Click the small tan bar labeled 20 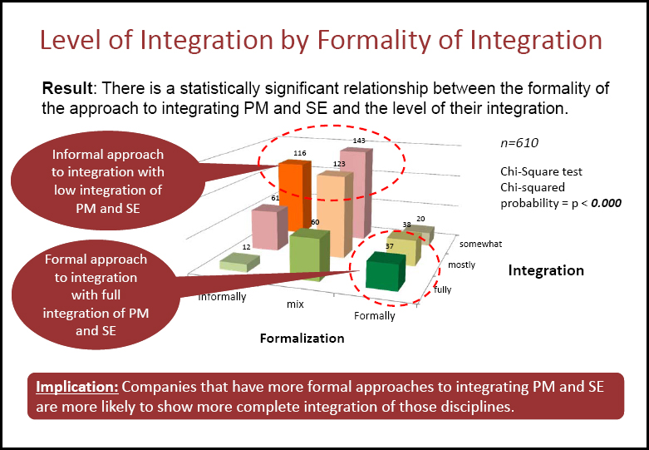click(x=422, y=230)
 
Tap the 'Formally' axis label click(x=375, y=316)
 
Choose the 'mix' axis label click(x=294, y=304)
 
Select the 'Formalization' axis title click(x=302, y=339)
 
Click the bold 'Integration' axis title click(x=546, y=270)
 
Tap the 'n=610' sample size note click(x=520, y=142)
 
